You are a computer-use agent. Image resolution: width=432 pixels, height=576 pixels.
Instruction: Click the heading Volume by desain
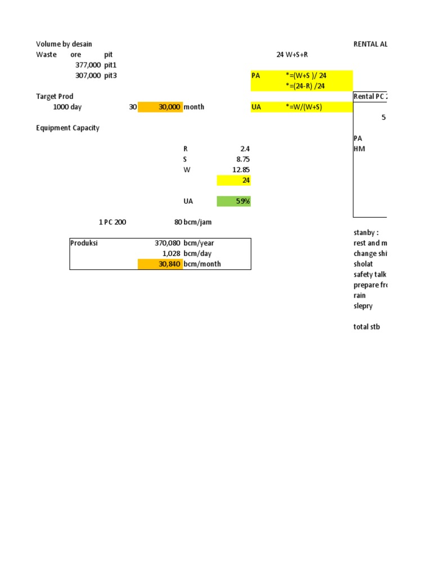coord(64,44)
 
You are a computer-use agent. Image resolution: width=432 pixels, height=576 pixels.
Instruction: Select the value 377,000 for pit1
coord(88,65)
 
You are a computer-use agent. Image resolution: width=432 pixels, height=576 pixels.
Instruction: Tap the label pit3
coord(111,75)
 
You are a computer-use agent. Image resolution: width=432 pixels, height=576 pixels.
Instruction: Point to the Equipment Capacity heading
coord(67,128)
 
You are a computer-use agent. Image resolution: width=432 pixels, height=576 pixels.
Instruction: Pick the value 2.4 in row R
coord(245,149)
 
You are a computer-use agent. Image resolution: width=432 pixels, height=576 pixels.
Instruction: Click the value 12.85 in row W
coord(241,170)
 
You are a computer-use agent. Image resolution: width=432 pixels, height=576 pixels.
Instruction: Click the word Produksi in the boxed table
coord(84,243)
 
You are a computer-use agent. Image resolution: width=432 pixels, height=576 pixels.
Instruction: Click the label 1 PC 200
coord(112,222)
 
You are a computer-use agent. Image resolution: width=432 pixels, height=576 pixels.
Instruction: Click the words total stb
coord(366,327)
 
